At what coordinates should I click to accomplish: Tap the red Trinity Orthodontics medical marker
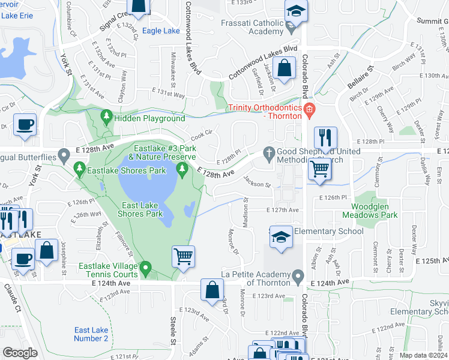(309, 109)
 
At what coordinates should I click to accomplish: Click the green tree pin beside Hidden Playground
(107, 115)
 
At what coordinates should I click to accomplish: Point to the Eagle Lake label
(161, 31)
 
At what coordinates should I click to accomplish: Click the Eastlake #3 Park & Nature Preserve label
(166, 152)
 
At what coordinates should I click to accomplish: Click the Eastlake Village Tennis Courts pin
(145, 266)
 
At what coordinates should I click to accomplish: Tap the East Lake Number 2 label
(91, 334)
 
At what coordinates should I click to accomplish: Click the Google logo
(20, 353)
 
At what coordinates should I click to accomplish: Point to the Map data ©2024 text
(424, 355)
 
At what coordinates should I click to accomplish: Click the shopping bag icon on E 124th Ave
(212, 290)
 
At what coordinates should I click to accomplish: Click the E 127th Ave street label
(283, 210)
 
